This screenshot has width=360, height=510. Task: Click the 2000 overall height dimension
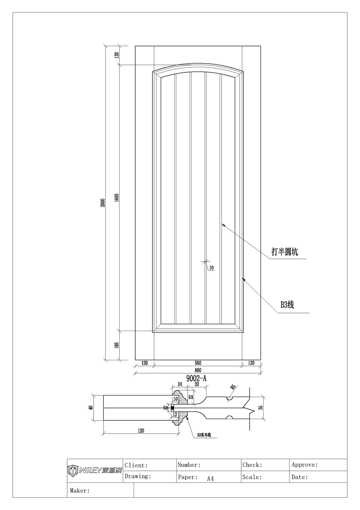[103, 203]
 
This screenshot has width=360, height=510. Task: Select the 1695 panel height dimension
[117, 198]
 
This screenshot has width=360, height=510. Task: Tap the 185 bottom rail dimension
[117, 345]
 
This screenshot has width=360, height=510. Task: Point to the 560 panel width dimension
[198, 363]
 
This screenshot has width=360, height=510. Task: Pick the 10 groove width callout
[211, 268]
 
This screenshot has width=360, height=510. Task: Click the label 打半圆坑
[285, 252]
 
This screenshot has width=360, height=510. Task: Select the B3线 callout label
[287, 305]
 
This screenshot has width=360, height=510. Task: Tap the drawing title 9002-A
[196, 378]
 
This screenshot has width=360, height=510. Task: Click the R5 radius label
[233, 387]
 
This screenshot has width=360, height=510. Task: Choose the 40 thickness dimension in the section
[91, 408]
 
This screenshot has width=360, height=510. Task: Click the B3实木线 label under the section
[206, 435]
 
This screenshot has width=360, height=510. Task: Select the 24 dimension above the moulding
[180, 384]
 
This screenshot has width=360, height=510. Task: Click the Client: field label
[136, 465]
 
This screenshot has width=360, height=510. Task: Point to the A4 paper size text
[210, 478]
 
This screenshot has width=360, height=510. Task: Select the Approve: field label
[305, 465]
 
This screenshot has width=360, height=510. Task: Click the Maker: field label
[80, 490]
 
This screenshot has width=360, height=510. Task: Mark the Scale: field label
[252, 477]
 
